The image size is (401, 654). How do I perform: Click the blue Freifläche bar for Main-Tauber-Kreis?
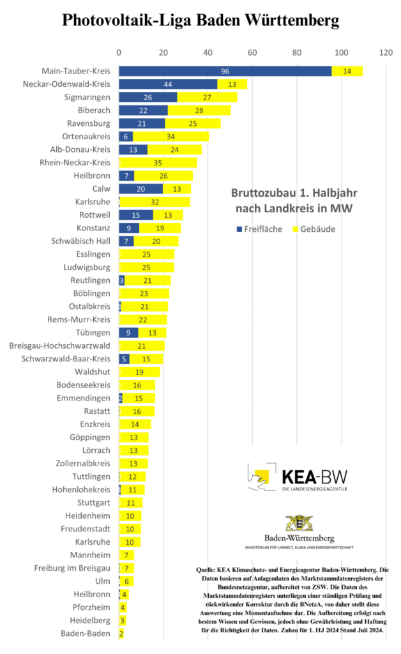(225, 71)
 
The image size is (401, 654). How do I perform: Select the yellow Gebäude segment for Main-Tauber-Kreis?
(347, 71)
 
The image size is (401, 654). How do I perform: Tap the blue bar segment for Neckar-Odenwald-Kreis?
(168, 84)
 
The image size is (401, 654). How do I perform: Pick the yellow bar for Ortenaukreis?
(170, 137)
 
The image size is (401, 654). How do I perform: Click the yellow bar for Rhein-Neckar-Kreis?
(158, 163)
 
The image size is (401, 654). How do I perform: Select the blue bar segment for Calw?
(140, 188)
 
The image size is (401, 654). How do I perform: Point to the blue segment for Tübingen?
(128, 333)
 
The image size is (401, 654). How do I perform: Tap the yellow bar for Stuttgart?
(131, 503)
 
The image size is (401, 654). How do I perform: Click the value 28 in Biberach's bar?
(199, 110)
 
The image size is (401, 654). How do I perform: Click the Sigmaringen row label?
(86, 97)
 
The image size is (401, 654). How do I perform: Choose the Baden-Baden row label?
(85, 634)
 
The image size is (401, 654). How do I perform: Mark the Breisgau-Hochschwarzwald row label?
(59, 346)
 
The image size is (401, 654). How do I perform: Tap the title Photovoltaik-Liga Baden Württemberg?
(200, 20)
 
